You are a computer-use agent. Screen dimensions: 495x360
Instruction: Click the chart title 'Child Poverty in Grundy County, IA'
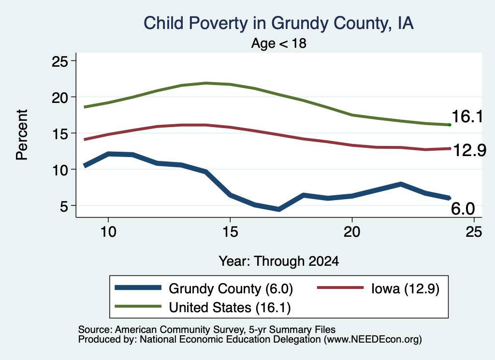click(x=278, y=24)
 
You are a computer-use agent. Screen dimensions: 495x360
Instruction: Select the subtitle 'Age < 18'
click(x=279, y=43)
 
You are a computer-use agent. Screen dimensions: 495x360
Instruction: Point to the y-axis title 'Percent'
click(x=22, y=135)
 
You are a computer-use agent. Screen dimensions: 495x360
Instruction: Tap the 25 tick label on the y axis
click(x=60, y=61)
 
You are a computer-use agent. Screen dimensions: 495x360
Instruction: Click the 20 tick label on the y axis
click(x=60, y=98)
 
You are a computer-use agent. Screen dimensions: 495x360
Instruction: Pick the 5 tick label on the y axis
click(x=64, y=206)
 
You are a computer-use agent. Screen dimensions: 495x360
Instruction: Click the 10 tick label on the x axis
click(x=108, y=232)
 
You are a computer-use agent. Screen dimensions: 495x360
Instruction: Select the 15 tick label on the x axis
click(x=230, y=232)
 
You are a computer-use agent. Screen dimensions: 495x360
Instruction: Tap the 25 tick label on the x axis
click(x=474, y=232)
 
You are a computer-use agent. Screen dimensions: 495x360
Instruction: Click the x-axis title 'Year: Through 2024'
click(x=279, y=261)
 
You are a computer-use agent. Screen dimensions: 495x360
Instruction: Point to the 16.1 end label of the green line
click(x=467, y=116)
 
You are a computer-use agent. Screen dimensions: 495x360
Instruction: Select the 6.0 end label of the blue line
click(x=463, y=209)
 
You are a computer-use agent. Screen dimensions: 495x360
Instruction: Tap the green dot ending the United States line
click(x=450, y=125)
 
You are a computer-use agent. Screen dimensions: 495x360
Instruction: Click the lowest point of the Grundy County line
click(x=279, y=209)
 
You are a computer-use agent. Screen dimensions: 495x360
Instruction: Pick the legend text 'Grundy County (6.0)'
click(x=231, y=288)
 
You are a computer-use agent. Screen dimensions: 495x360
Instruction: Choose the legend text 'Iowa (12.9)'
click(x=406, y=288)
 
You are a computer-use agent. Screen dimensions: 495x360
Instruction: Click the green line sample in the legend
click(x=138, y=306)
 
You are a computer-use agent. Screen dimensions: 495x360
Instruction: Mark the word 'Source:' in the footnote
click(x=95, y=330)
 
